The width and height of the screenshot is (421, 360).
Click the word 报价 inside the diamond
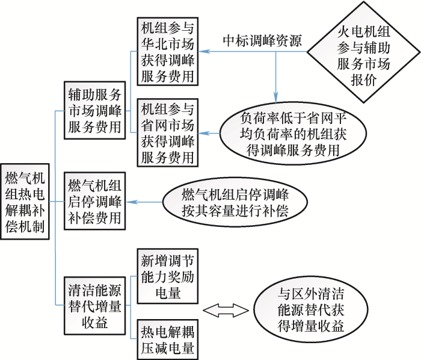click(362, 81)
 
